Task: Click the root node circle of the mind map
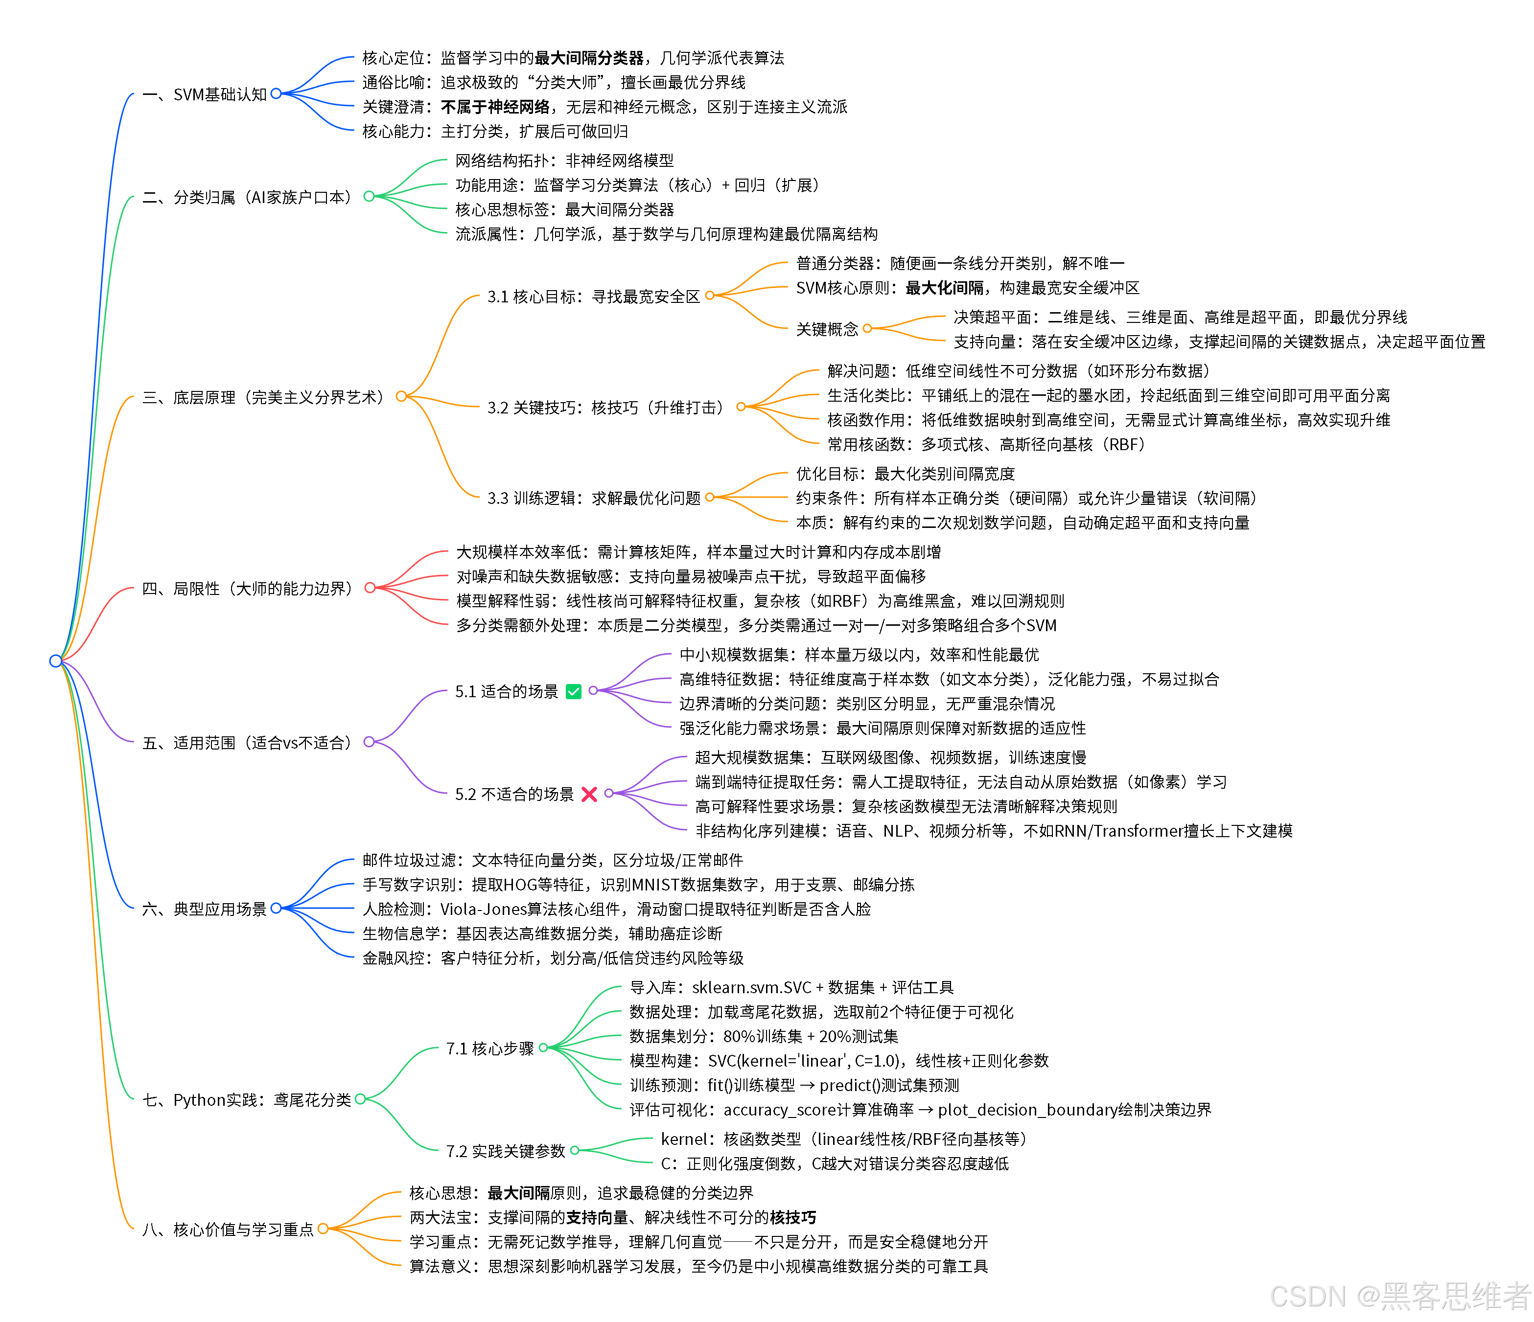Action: [55, 660]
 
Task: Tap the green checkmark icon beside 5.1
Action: [573, 691]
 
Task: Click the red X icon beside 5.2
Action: [589, 794]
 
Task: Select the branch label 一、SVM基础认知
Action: [204, 95]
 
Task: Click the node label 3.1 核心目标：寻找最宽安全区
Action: [593, 297]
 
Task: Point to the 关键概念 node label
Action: [827, 329]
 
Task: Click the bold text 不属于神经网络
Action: [495, 107]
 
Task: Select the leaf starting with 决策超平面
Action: [1180, 318]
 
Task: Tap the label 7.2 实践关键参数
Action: [506, 1151]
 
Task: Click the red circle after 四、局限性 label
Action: [370, 588]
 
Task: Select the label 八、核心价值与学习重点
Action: [228, 1230]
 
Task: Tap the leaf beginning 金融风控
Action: [552, 958]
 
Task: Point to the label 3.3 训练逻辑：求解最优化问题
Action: [594, 498]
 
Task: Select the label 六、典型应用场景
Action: [204, 909]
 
